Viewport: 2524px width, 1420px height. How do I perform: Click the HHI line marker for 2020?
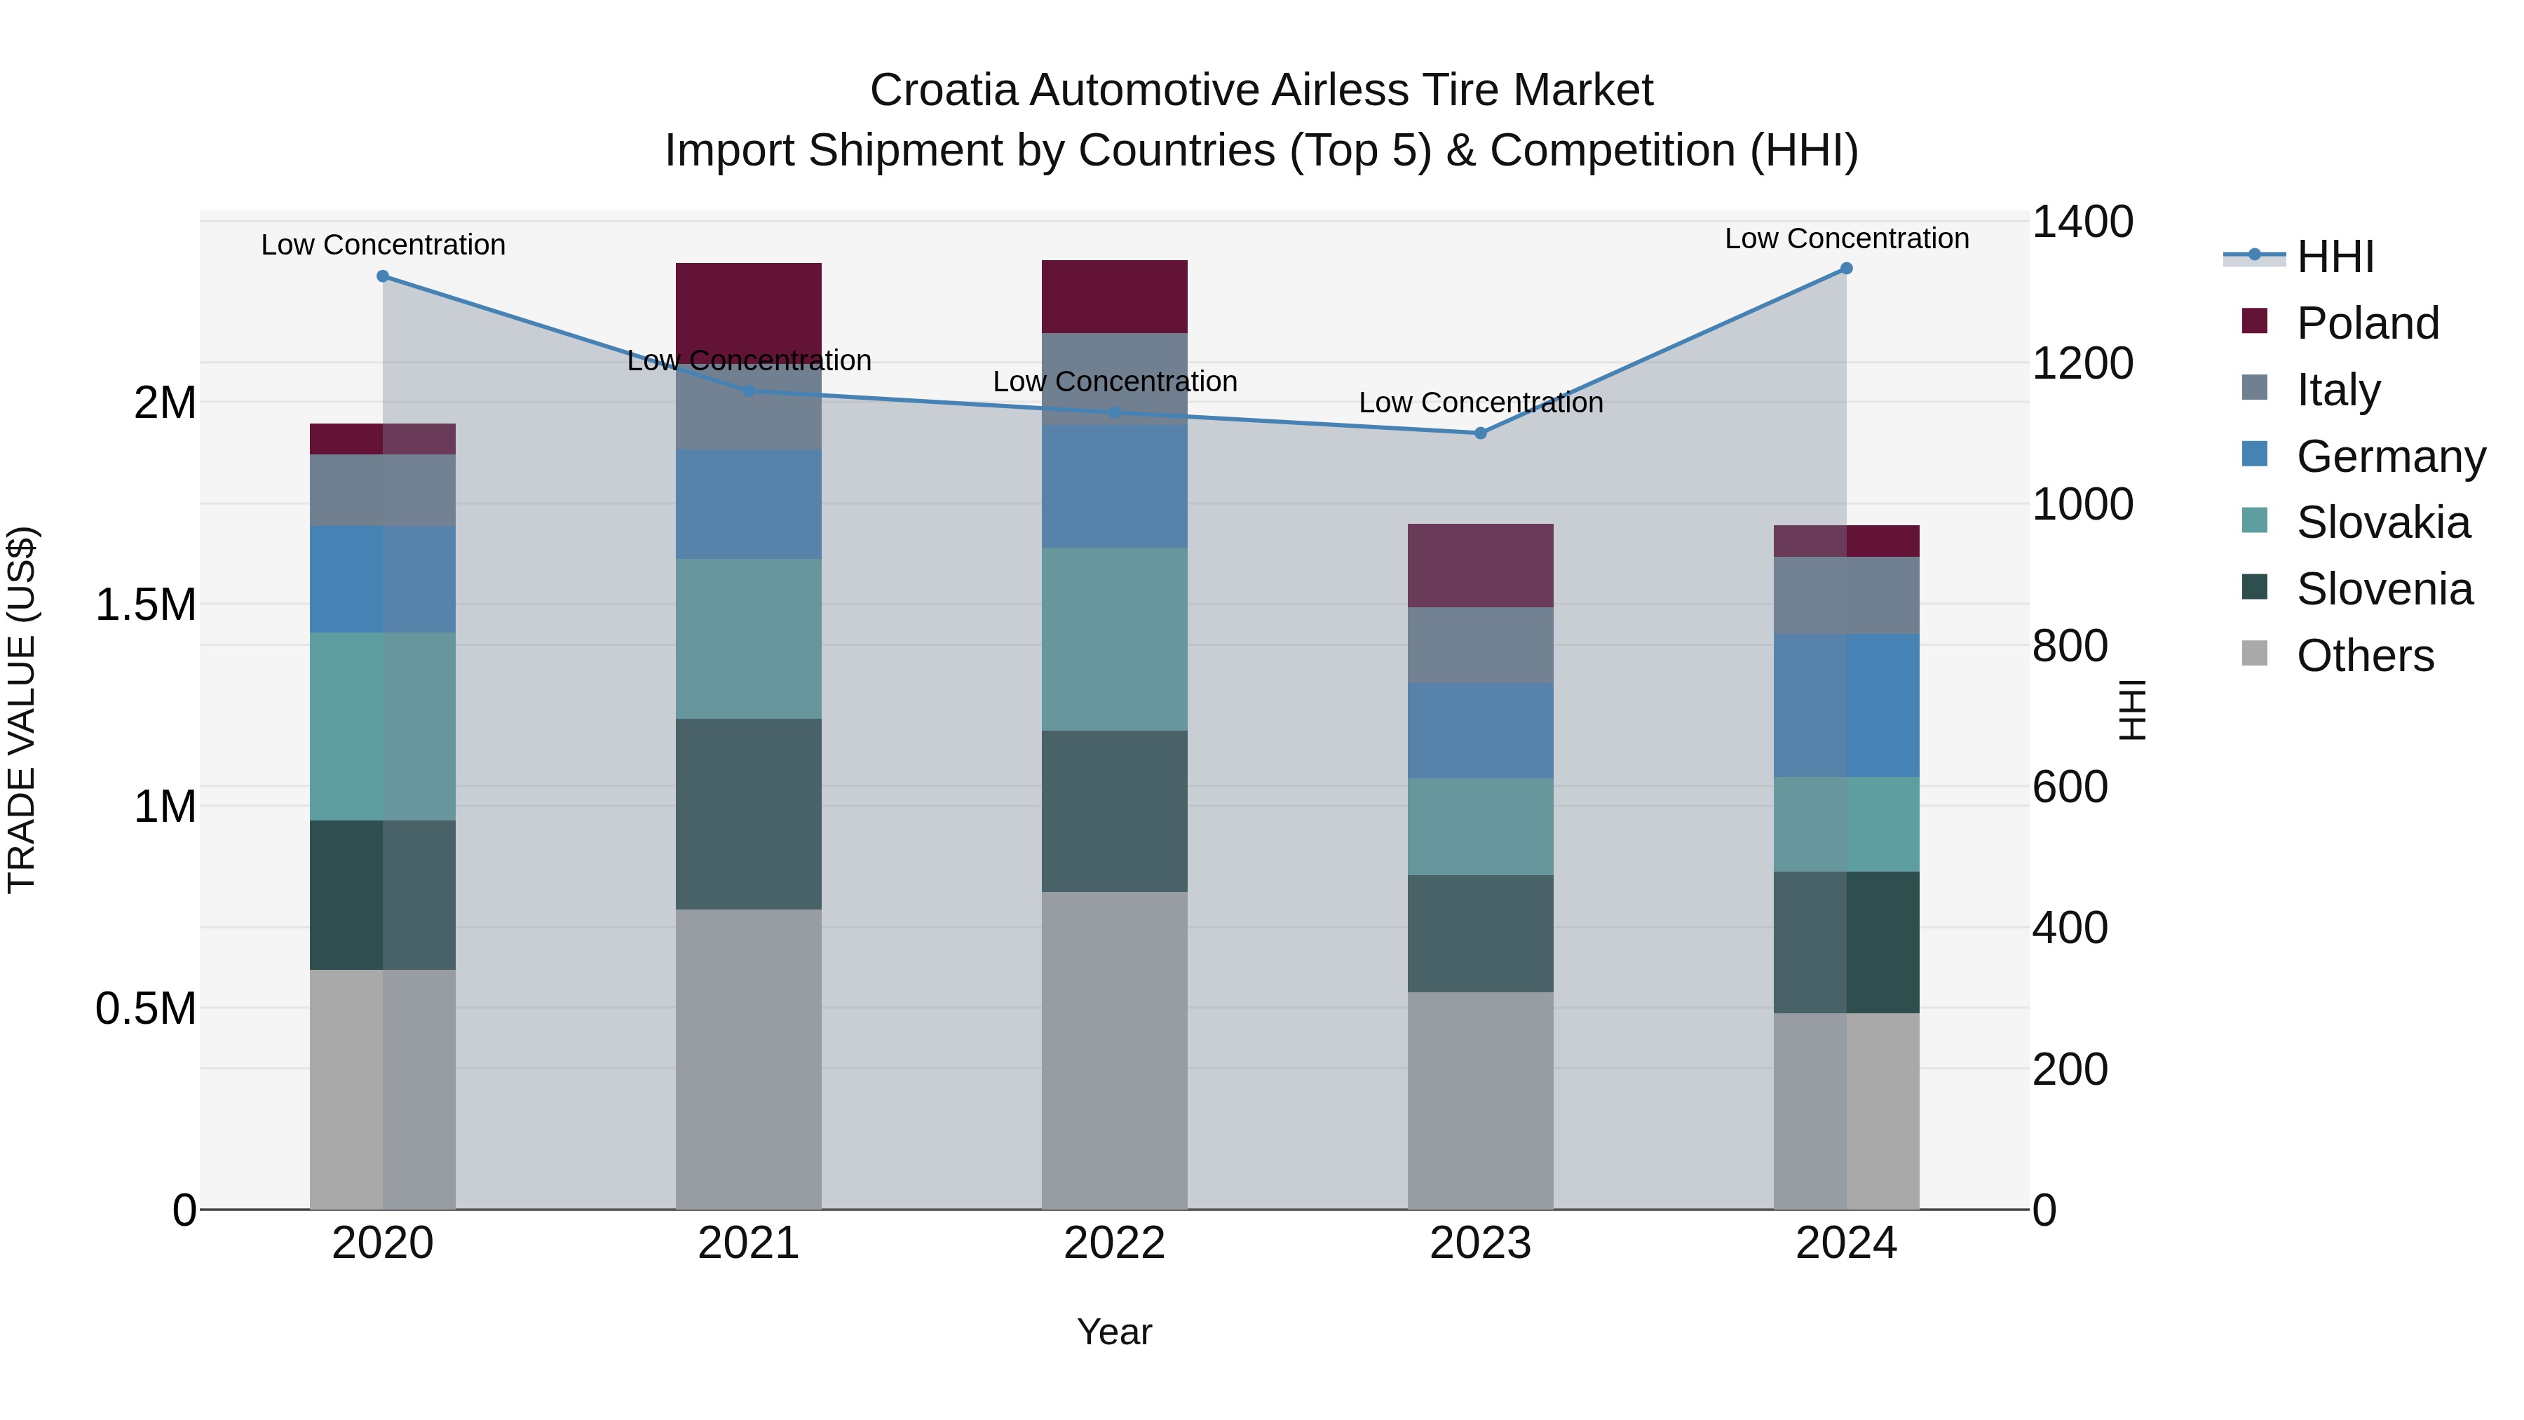[x=383, y=276]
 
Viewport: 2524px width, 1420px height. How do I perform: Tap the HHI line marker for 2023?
[x=1481, y=433]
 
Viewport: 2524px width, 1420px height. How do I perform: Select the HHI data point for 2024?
[x=1846, y=269]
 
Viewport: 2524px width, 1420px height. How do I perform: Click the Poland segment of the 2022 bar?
[x=1114, y=297]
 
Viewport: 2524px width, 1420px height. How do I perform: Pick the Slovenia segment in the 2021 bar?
[x=749, y=813]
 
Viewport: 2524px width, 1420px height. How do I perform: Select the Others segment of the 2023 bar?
[x=1481, y=1100]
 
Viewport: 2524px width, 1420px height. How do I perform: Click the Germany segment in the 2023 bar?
[x=1481, y=731]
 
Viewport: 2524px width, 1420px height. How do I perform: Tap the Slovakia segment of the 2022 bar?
[x=1114, y=639]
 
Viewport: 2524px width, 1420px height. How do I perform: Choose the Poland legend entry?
[x=2367, y=323]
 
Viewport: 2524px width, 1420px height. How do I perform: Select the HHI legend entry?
[x=2334, y=257]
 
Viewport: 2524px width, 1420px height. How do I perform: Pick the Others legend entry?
[x=2364, y=656]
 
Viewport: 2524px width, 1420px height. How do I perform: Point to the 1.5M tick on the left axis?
[x=146, y=604]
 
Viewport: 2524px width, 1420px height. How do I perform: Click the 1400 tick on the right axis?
[x=2081, y=222]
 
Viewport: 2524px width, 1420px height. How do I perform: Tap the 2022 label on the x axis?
[x=1114, y=1243]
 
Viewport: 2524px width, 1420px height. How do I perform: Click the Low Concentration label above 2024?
[x=1846, y=238]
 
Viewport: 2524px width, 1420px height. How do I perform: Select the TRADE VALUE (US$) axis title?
[x=22, y=710]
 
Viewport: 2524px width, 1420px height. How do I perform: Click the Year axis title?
[x=1114, y=1332]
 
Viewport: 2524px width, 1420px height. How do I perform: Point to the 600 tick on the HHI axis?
[x=2070, y=787]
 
